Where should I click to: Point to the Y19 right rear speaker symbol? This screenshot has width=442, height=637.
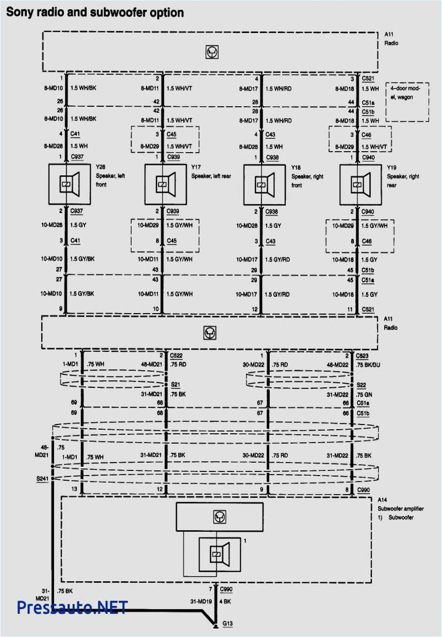[359, 184]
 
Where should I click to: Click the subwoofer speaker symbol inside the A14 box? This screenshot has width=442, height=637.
[218, 554]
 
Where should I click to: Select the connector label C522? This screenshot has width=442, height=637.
[177, 356]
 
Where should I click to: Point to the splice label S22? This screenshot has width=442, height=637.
[362, 385]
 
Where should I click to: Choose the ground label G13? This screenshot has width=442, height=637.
[227, 624]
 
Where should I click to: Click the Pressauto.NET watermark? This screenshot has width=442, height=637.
[72, 608]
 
